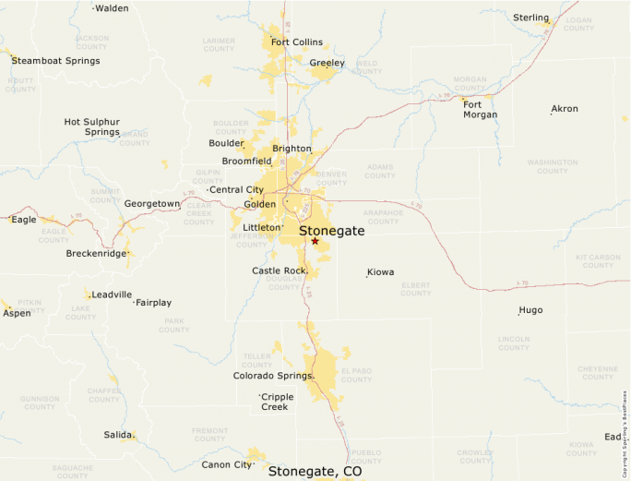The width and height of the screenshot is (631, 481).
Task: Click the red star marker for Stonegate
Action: [315, 241]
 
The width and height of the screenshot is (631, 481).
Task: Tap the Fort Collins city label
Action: [296, 42]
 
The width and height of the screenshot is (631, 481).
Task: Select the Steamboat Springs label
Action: [55, 61]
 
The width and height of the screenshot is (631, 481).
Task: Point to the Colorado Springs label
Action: [272, 376]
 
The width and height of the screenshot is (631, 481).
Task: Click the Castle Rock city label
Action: [278, 271]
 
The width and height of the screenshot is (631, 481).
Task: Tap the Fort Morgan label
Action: [480, 109]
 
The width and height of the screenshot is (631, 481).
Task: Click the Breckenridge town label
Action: [96, 253]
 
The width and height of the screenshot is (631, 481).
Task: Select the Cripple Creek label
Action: [277, 402]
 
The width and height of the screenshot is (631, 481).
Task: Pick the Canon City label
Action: [226, 464]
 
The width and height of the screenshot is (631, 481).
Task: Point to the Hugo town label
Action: [530, 310]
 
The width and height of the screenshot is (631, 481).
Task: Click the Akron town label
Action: [564, 109]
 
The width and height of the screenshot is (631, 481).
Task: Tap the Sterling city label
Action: [530, 18]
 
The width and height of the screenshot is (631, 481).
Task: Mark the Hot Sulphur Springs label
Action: [91, 126]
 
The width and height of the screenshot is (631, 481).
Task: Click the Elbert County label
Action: [415, 289]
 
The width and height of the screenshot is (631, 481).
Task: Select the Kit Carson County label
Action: [598, 261]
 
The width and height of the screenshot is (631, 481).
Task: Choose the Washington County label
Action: [552, 166]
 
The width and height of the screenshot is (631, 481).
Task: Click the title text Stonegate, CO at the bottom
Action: [315, 471]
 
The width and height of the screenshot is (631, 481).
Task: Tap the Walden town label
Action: [112, 8]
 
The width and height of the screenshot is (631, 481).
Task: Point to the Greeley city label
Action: [327, 63]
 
